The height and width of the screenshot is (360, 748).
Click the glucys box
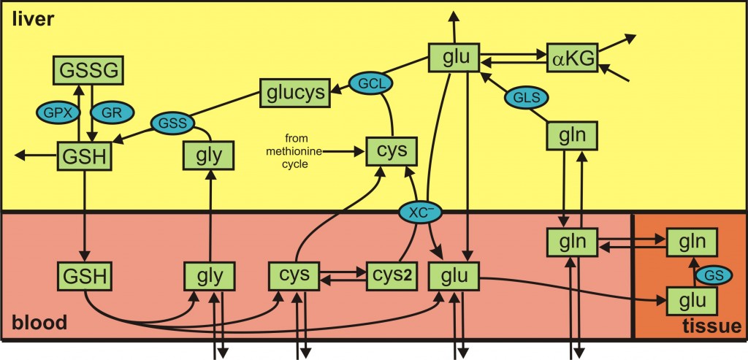pyautogui.click(x=292, y=93)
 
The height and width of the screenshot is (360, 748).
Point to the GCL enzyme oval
pyautogui.click(x=370, y=83)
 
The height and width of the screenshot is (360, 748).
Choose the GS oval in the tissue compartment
pyautogui.click(x=707, y=275)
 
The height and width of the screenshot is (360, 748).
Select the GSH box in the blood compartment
pyautogui.click(x=85, y=277)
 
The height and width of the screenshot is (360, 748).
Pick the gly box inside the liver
pyautogui.click(x=209, y=155)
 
